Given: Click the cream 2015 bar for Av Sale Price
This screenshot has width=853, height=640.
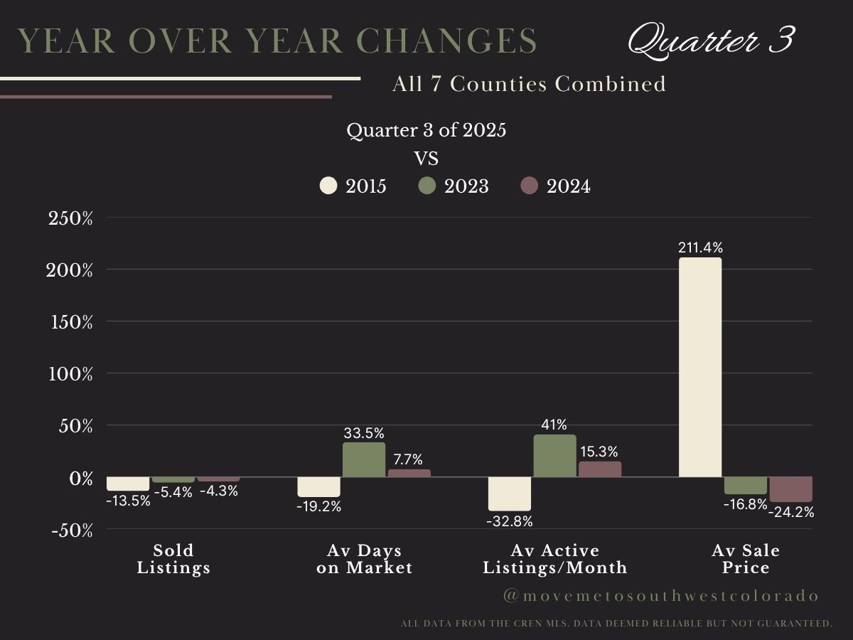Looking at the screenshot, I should [700, 367].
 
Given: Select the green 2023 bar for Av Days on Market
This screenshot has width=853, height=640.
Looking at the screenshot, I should [364, 460].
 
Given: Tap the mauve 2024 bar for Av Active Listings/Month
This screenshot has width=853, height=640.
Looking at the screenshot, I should [600, 469].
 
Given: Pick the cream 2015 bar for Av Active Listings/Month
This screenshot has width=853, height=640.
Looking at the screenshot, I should [509, 494].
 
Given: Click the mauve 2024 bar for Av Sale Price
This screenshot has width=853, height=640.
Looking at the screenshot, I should [790, 489].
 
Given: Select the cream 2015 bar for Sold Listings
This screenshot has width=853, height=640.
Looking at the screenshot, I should [128, 484].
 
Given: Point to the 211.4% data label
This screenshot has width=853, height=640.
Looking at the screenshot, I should [700, 248].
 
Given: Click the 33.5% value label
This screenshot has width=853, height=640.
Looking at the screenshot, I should [364, 433].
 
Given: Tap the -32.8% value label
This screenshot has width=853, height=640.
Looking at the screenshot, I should [509, 521].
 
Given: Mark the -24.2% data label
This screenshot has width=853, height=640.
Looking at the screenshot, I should [791, 512].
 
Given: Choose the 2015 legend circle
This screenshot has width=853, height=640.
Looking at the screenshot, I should [328, 186].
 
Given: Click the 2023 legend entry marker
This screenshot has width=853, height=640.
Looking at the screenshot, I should [426, 186].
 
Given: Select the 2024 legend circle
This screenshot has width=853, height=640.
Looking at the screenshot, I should [529, 186].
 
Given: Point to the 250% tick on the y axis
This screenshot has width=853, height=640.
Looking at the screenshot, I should [70, 218].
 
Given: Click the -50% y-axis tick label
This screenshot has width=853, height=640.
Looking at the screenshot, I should [70, 530].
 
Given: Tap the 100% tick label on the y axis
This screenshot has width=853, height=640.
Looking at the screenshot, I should [70, 374].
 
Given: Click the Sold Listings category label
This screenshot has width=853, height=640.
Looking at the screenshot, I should [173, 559].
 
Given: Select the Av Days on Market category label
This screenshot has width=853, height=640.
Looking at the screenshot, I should [364, 559].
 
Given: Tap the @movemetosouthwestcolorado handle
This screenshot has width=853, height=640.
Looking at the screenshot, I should [661, 596].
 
